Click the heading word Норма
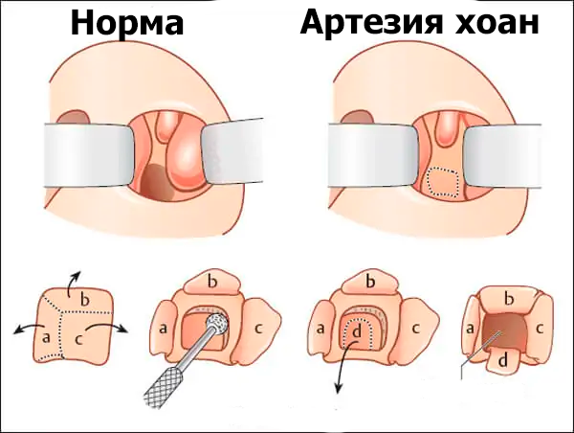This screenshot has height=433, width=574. tap(127, 23)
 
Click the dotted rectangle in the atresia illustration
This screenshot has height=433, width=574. tap(442, 183)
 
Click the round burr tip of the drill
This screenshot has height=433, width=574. tap(219, 326)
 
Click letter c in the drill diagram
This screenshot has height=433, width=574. tap(258, 328)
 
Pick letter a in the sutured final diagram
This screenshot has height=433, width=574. tap(470, 329)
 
